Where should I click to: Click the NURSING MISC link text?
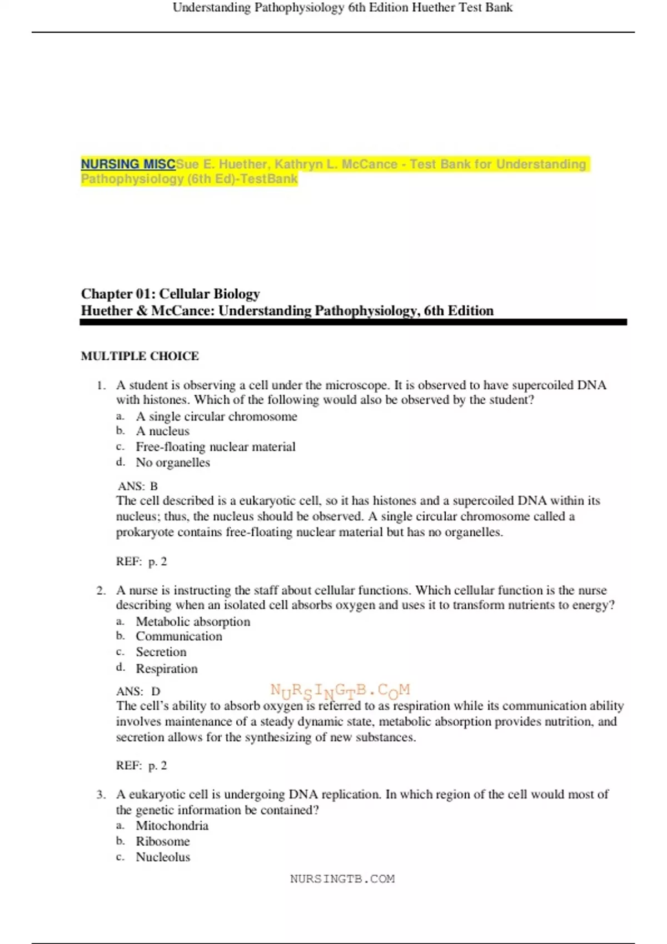tap(128, 164)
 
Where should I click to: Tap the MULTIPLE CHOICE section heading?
tap(140, 356)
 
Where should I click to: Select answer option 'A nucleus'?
tap(162, 431)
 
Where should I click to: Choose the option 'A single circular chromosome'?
tap(216, 416)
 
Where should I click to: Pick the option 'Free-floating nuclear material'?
tap(216, 446)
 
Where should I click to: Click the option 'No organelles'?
tap(173, 462)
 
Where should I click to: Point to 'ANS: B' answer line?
tap(137, 486)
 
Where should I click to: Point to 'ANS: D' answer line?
tap(138, 691)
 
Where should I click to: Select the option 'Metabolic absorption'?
tap(193, 621)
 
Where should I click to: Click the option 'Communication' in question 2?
tap(179, 636)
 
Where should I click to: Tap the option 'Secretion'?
tap(161, 652)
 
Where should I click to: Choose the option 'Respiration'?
tap(167, 669)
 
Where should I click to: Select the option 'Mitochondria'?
tap(172, 826)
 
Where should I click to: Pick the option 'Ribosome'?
tap(163, 841)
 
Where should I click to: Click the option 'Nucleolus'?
tap(163, 857)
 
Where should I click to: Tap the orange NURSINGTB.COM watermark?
tap(340, 691)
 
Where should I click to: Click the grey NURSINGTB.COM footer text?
tap(342, 878)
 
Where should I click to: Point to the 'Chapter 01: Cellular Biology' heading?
tap(170, 293)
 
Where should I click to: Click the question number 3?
tap(101, 795)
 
